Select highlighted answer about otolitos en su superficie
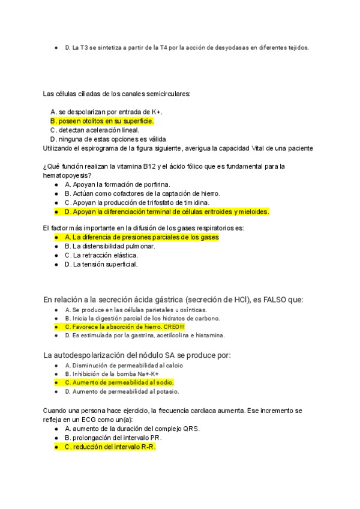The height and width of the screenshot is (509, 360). [102, 121]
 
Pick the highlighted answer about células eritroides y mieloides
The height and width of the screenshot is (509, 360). [167, 211]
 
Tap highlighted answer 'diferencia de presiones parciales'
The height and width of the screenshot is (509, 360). [142, 237]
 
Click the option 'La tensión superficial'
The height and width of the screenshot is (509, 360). [101, 264]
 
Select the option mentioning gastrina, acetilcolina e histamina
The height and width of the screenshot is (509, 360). [144, 336]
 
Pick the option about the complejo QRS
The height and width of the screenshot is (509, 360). [132, 429]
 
